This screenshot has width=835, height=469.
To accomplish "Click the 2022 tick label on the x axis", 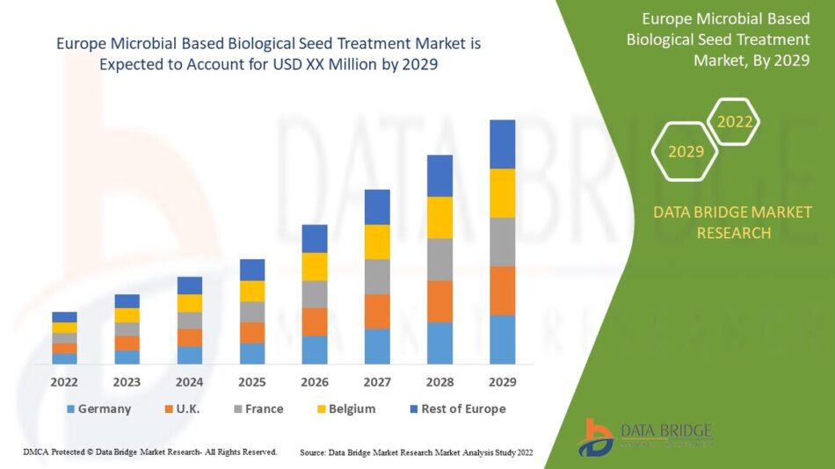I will point(64,382).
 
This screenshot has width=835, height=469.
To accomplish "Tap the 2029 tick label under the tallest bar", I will point(502,382).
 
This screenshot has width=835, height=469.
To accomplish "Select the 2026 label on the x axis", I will point(315,382).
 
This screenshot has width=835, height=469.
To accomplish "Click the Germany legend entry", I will point(98,408).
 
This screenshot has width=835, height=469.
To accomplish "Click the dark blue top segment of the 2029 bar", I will point(502,144).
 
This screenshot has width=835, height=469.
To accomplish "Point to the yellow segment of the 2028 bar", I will point(439,217).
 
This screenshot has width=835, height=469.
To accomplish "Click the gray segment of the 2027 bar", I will point(377,277).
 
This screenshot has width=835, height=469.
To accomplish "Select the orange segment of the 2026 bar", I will point(315,321).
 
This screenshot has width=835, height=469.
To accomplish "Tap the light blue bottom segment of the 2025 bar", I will point(252,353).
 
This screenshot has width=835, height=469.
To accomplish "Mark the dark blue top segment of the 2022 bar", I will point(64,317).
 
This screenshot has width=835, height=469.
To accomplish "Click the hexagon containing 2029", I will point(686,152).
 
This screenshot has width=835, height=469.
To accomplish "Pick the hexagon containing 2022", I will point(734,122).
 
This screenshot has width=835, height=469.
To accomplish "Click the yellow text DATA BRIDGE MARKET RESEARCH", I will point(733,222).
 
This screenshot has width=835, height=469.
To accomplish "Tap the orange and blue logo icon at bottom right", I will point(597,437).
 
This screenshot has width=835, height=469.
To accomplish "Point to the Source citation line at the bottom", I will point(416,452).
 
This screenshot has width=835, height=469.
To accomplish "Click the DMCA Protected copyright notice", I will point(150,451).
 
